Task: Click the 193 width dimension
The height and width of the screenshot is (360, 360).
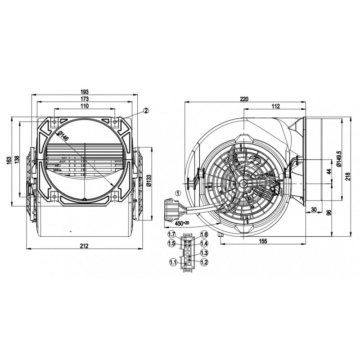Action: (x=85, y=92)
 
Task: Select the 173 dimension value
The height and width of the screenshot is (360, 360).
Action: (x=85, y=99)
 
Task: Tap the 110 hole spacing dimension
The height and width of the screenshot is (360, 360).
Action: (x=85, y=106)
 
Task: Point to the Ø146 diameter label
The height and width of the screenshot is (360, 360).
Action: (x=63, y=136)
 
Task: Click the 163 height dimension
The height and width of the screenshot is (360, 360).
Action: (x=9, y=160)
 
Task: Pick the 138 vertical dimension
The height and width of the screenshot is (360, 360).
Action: (x=17, y=160)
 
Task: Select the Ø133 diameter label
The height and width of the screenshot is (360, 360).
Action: (x=149, y=180)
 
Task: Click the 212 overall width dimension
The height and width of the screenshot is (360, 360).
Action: (x=84, y=246)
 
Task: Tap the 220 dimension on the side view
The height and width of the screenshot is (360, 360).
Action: (x=244, y=99)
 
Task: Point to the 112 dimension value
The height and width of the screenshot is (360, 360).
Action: (x=275, y=106)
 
